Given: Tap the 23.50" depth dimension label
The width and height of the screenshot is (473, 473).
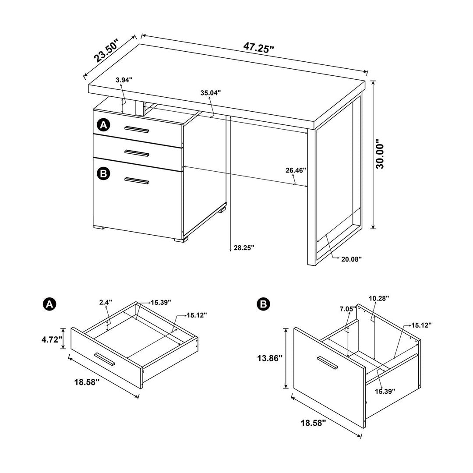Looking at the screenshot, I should point(106,51).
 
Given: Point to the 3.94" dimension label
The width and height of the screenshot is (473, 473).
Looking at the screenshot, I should point(124,80).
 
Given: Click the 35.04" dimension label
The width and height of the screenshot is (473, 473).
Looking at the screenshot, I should point(211,92).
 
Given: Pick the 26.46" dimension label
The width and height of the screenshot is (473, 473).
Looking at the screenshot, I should point(296,170).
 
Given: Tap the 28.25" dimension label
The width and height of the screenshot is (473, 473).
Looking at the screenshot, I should point(244,247).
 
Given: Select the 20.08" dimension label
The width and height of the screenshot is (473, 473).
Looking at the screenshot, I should point(351,259).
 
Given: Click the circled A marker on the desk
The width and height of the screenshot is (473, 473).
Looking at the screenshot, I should point(103,125).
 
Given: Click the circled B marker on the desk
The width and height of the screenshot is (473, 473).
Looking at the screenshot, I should point(103,173).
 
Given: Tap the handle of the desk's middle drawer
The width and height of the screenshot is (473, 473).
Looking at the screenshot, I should point(137,153).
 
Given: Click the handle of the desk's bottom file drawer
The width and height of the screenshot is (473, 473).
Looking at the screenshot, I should point(137,180).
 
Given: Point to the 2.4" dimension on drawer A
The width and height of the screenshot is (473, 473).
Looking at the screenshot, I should point(106,302).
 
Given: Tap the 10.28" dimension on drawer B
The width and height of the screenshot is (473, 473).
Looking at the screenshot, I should point(379,298).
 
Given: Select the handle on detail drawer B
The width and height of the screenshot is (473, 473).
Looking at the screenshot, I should point(327,362).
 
